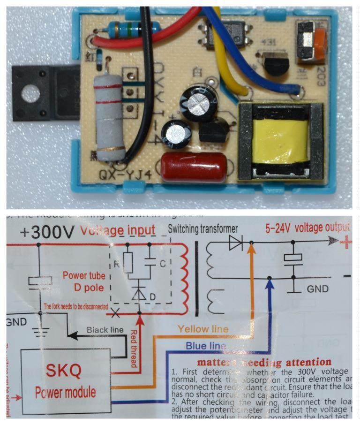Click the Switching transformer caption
click(202, 229)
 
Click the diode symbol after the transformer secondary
click(235, 244)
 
